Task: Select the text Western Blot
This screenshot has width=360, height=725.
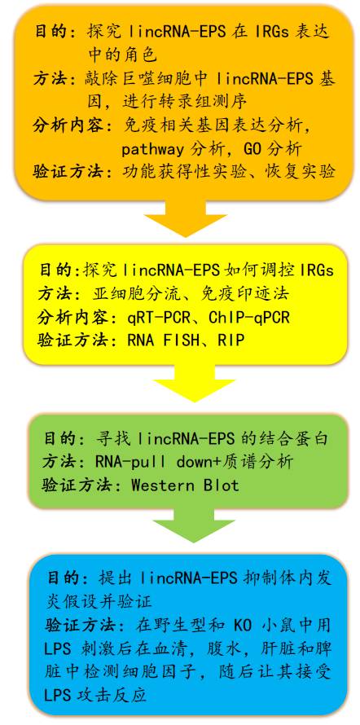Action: pyautogui.click(x=186, y=485)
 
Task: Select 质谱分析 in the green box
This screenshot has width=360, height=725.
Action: pyautogui.click(x=260, y=462)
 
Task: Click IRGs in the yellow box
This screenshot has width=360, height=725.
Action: pyautogui.click(x=317, y=271)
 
